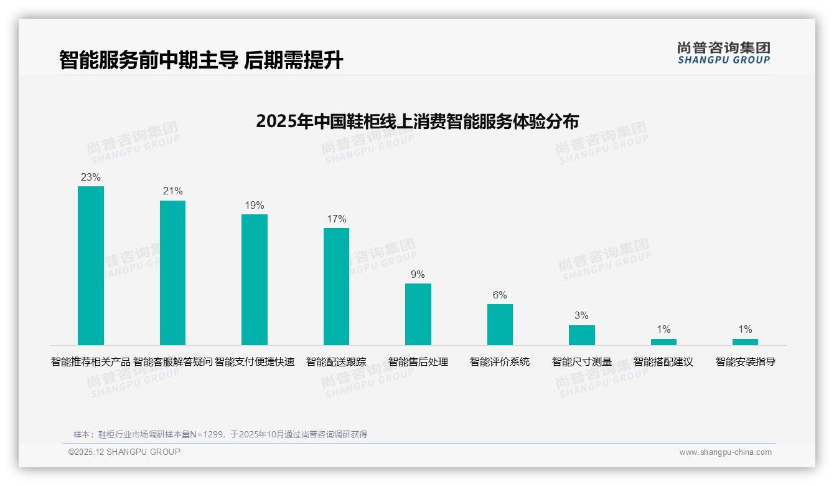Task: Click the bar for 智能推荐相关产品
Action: click(91, 265)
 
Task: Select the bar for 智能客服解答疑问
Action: click(172, 272)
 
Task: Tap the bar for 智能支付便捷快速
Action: click(255, 279)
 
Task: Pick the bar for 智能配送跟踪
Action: click(336, 286)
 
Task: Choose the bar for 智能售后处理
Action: click(418, 314)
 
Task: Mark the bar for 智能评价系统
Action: click(500, 324)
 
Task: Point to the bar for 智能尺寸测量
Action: click(581, 335)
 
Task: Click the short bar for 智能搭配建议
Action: click(663, 342)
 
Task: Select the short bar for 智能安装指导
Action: click(745, 342)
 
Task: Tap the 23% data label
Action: click(91, 177)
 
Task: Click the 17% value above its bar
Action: click(336, 219)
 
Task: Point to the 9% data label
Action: click(418, 274)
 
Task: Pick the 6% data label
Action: click(500, 295)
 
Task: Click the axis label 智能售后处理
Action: click(418, 361)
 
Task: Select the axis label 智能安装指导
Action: click(745, 361)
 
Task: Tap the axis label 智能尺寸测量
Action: click(581, 361)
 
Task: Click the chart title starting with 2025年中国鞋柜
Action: click(417, 121)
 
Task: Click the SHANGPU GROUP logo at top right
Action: click(723, 53)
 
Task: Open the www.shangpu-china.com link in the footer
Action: click(725, 452)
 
